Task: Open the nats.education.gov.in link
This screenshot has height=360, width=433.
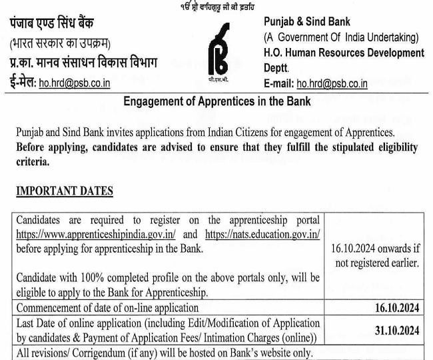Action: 263,234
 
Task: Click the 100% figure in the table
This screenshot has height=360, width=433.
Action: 94,277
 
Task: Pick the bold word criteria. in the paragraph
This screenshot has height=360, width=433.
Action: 33,161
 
